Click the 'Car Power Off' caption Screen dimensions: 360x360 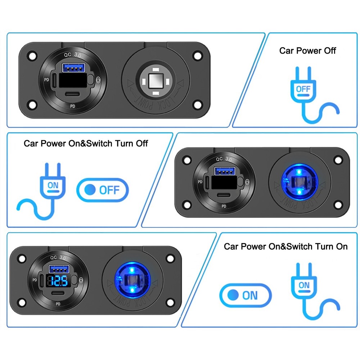[x=307, y=51]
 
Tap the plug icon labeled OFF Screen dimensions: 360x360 [x=303, y=89]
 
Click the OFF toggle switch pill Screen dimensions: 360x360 [x=103, y=189]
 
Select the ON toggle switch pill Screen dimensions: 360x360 [x=245, y=296]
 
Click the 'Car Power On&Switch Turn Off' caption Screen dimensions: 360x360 [x=86, y=143]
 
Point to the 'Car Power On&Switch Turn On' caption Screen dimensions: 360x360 [x=285, y=247]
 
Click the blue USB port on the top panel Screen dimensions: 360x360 [x=75, y=67]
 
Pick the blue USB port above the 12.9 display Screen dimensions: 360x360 [x=59, y=268]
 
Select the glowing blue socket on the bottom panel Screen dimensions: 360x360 [x=132, y=279]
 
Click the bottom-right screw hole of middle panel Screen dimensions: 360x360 [x=338, y=205]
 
